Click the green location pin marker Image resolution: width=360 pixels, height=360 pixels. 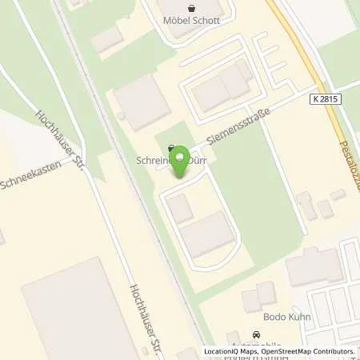click(x=182, y=161)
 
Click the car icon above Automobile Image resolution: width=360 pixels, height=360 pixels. click(x=256, y=334)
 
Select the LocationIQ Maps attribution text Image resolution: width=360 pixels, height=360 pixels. click(x=230, y=351)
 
